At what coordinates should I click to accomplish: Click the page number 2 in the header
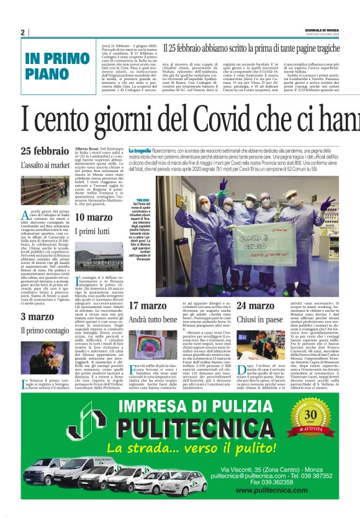point(22,32)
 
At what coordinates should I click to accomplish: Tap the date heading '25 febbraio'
point(45,151)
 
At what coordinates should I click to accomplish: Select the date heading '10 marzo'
point(94,217)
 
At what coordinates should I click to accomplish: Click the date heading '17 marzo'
point(149,306)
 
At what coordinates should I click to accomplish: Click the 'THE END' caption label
point(142,200)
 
